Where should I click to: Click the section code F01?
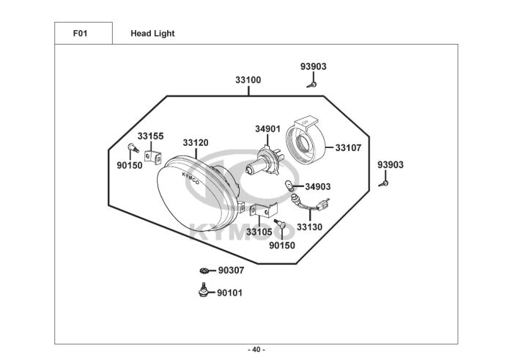click(80, 34)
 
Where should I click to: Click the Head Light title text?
click(152, 34)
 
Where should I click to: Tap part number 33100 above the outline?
click(248, 80)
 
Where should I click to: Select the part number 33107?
click(348, 148)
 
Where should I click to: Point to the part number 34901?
click(267, 129)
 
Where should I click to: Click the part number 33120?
click(196, 143)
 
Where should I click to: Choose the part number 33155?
click(150, 136)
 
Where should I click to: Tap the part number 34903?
click(317, 186)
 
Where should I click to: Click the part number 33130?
click(309, 227)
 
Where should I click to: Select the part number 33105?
click(259, 232)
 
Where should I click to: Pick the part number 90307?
click(231, 271)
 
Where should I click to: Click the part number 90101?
click(229, 293)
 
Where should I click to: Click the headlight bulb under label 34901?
click(265, 161)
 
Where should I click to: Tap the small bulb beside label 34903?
click(289, 186)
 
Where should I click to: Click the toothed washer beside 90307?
click(204, 271)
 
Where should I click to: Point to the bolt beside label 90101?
click(203, 290)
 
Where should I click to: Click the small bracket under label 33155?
click(152, 158)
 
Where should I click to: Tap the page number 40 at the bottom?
click(256, 350)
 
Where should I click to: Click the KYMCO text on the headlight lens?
click(191, 178)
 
